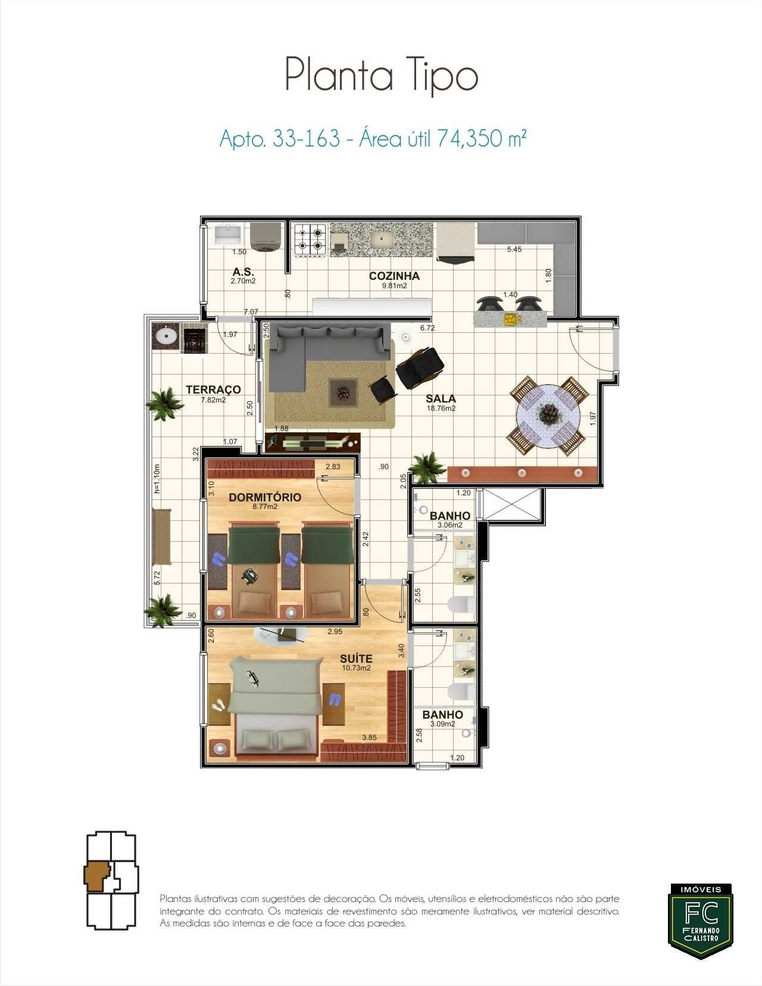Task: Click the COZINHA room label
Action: [x=394, y=276]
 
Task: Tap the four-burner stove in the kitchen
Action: [x=311, y=239]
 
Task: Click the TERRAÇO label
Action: [x=213, y=389]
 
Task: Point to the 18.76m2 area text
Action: [x=441, y=408]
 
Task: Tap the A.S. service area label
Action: [x=243, y=272]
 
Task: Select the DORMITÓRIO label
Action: [x=265, y=497]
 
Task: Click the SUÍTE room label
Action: [x=356, y=659]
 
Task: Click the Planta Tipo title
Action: [x=382, y=76]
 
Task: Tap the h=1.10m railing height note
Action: [x=157, y=479]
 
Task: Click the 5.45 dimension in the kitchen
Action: [x=514, y=249]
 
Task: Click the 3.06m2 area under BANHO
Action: [x=450, y=525]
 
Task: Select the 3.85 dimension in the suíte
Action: [x=369, y=737]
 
